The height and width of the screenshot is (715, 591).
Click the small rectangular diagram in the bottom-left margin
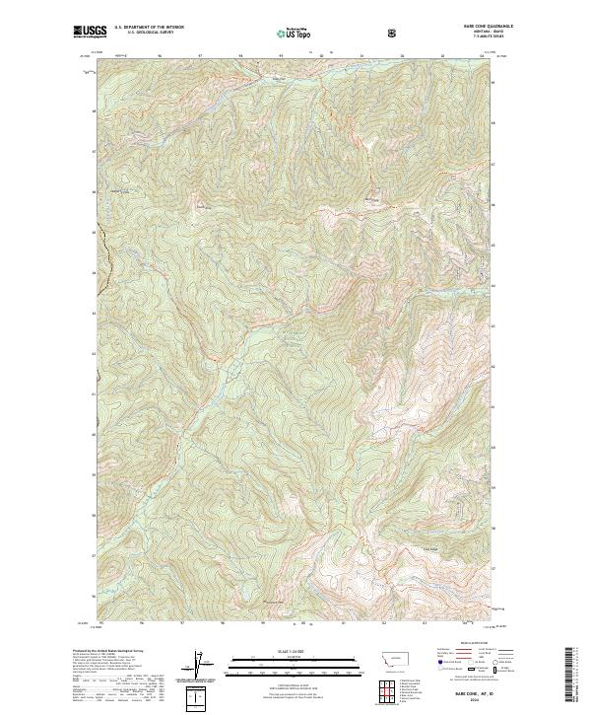pos(199,698)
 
